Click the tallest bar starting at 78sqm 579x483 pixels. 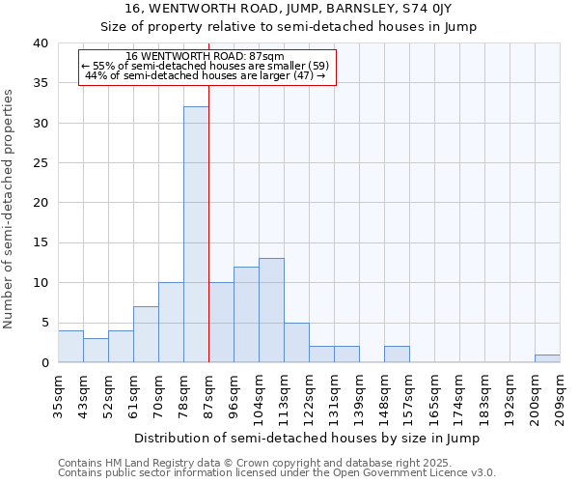(196, 235)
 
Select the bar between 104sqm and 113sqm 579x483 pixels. (271, 310)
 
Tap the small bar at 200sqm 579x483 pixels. (547, 358)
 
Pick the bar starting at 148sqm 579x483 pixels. (397, 355)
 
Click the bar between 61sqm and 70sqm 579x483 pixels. (146, 334)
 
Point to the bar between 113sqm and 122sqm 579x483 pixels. (296, 342)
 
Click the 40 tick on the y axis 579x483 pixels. (40, 43)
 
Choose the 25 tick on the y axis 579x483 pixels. (40, 163)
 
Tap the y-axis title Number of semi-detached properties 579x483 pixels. (9, 209)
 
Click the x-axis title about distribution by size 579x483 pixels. (307, 438)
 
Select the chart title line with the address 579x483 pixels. (289, 8)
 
